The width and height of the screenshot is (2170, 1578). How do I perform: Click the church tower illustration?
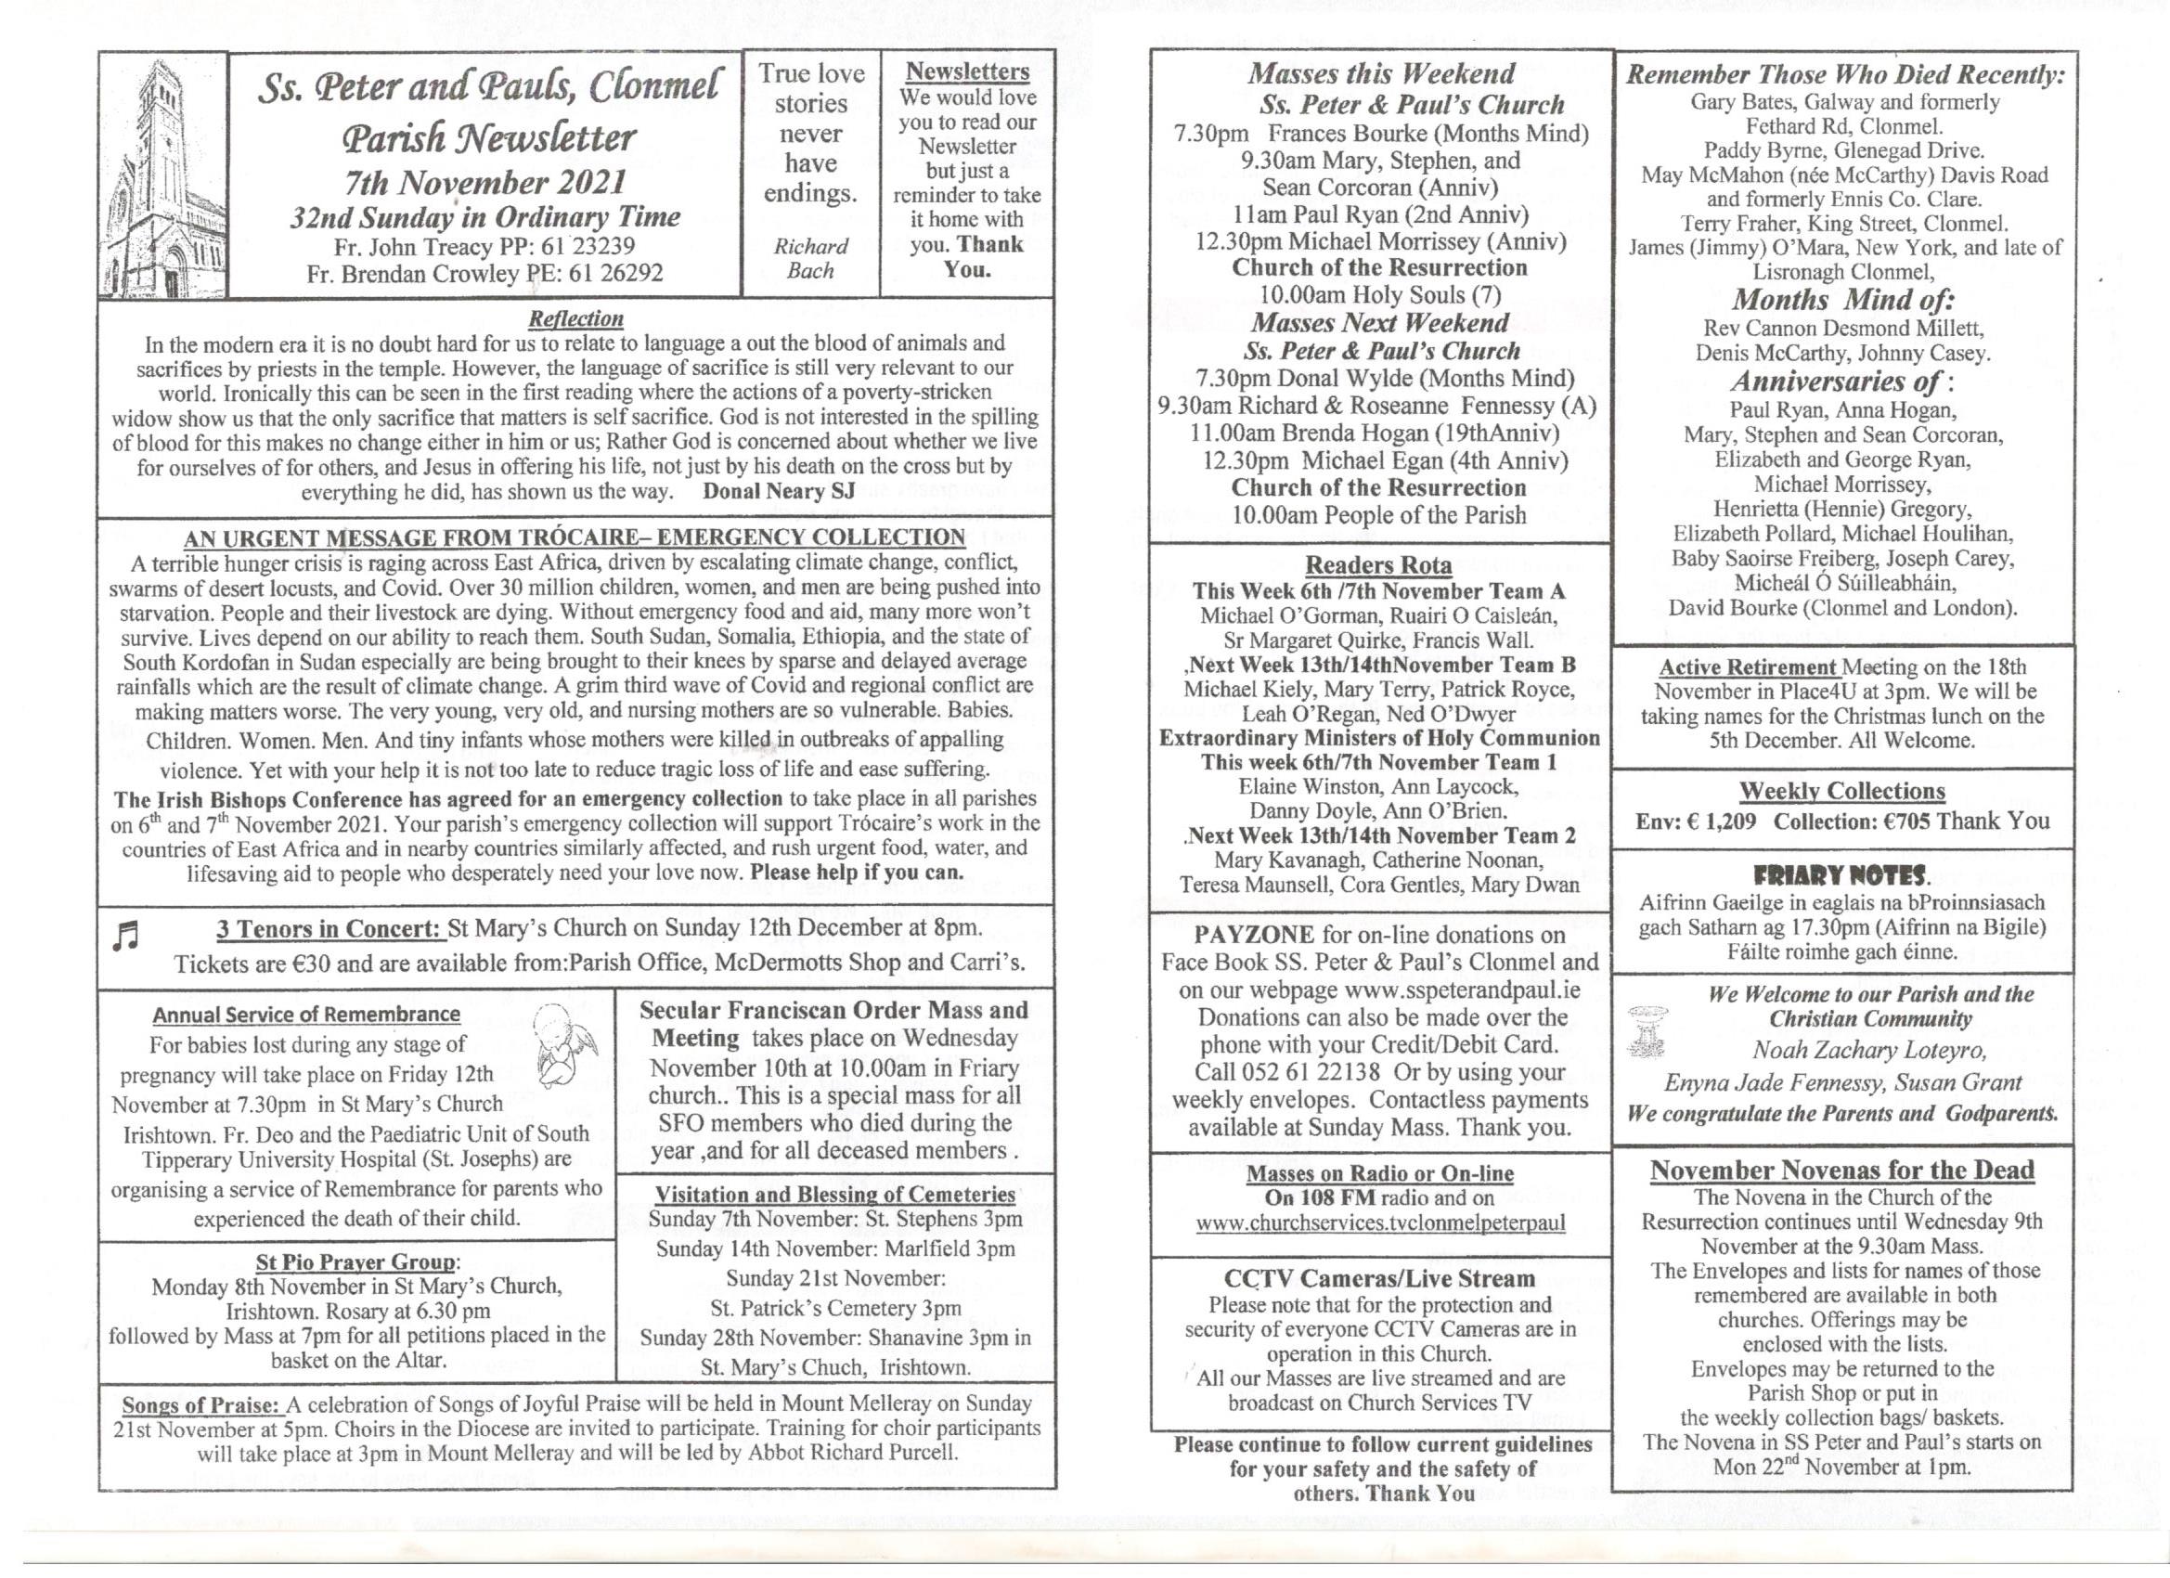coord(162,177)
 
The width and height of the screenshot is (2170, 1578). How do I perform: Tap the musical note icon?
coord(125,937)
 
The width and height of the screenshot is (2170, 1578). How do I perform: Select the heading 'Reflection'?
coord(576,318)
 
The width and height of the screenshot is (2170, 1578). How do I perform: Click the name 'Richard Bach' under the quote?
coord(810,258)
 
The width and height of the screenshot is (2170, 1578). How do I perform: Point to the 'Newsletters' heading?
coord(967,71)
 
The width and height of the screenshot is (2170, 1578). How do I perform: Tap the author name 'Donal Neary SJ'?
coord(778,492)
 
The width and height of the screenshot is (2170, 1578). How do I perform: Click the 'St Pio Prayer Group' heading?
coord(357,1262)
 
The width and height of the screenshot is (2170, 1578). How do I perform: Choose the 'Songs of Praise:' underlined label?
coord(200,1404)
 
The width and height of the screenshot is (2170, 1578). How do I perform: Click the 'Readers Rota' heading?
coord(1377,565)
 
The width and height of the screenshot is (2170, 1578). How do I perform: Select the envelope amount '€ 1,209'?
coord(1719,822)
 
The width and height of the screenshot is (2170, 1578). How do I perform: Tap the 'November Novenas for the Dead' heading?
coord(1841,1171)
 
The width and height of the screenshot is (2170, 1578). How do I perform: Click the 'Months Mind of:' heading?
coord(1841,301)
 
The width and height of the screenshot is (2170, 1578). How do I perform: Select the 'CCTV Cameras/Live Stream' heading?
coord(1378,1278)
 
